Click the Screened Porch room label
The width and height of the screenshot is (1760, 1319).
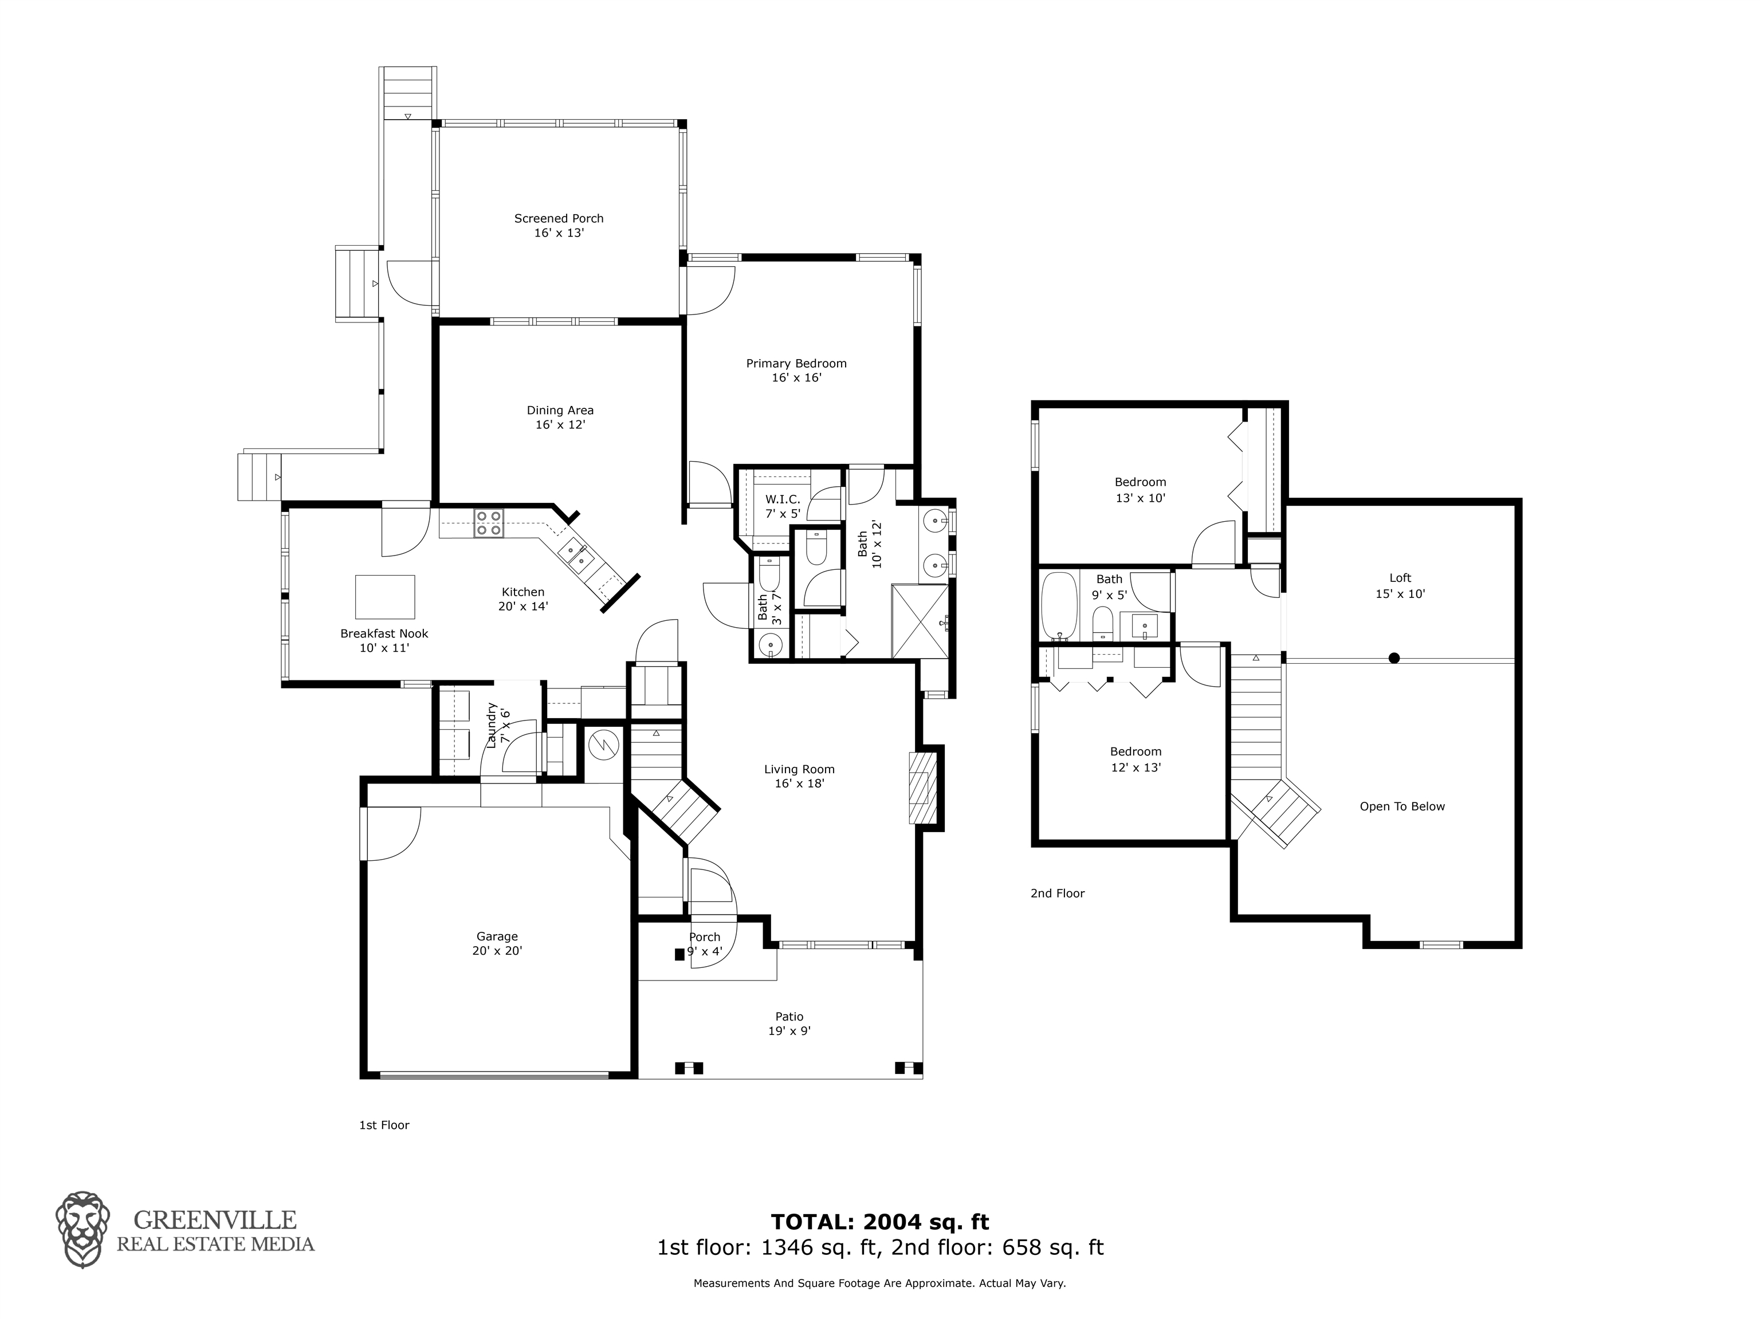(x=559, y=225)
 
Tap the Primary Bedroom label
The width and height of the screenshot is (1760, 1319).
(x=796, y=370)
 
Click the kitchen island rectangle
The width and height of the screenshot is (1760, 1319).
(x=385, y=597)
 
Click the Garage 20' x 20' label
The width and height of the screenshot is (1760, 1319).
(x=497, y=943)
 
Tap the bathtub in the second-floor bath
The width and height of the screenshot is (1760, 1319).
(x=1059, y=605)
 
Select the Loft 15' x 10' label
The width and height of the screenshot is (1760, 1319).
(x=1400, y=585)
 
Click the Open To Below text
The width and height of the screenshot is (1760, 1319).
(x=1402, y=806)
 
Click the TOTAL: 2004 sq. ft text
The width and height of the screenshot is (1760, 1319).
(x=880, y=1221)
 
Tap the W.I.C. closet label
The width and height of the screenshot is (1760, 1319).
(x=783, y=506)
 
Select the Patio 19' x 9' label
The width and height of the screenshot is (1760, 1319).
(x=789, y=1023)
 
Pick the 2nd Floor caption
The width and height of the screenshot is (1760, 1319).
(x=1058, y=893)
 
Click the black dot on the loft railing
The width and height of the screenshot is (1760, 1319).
(x=1394, y=658)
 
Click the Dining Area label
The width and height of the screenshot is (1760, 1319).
(x=560, y=417)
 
